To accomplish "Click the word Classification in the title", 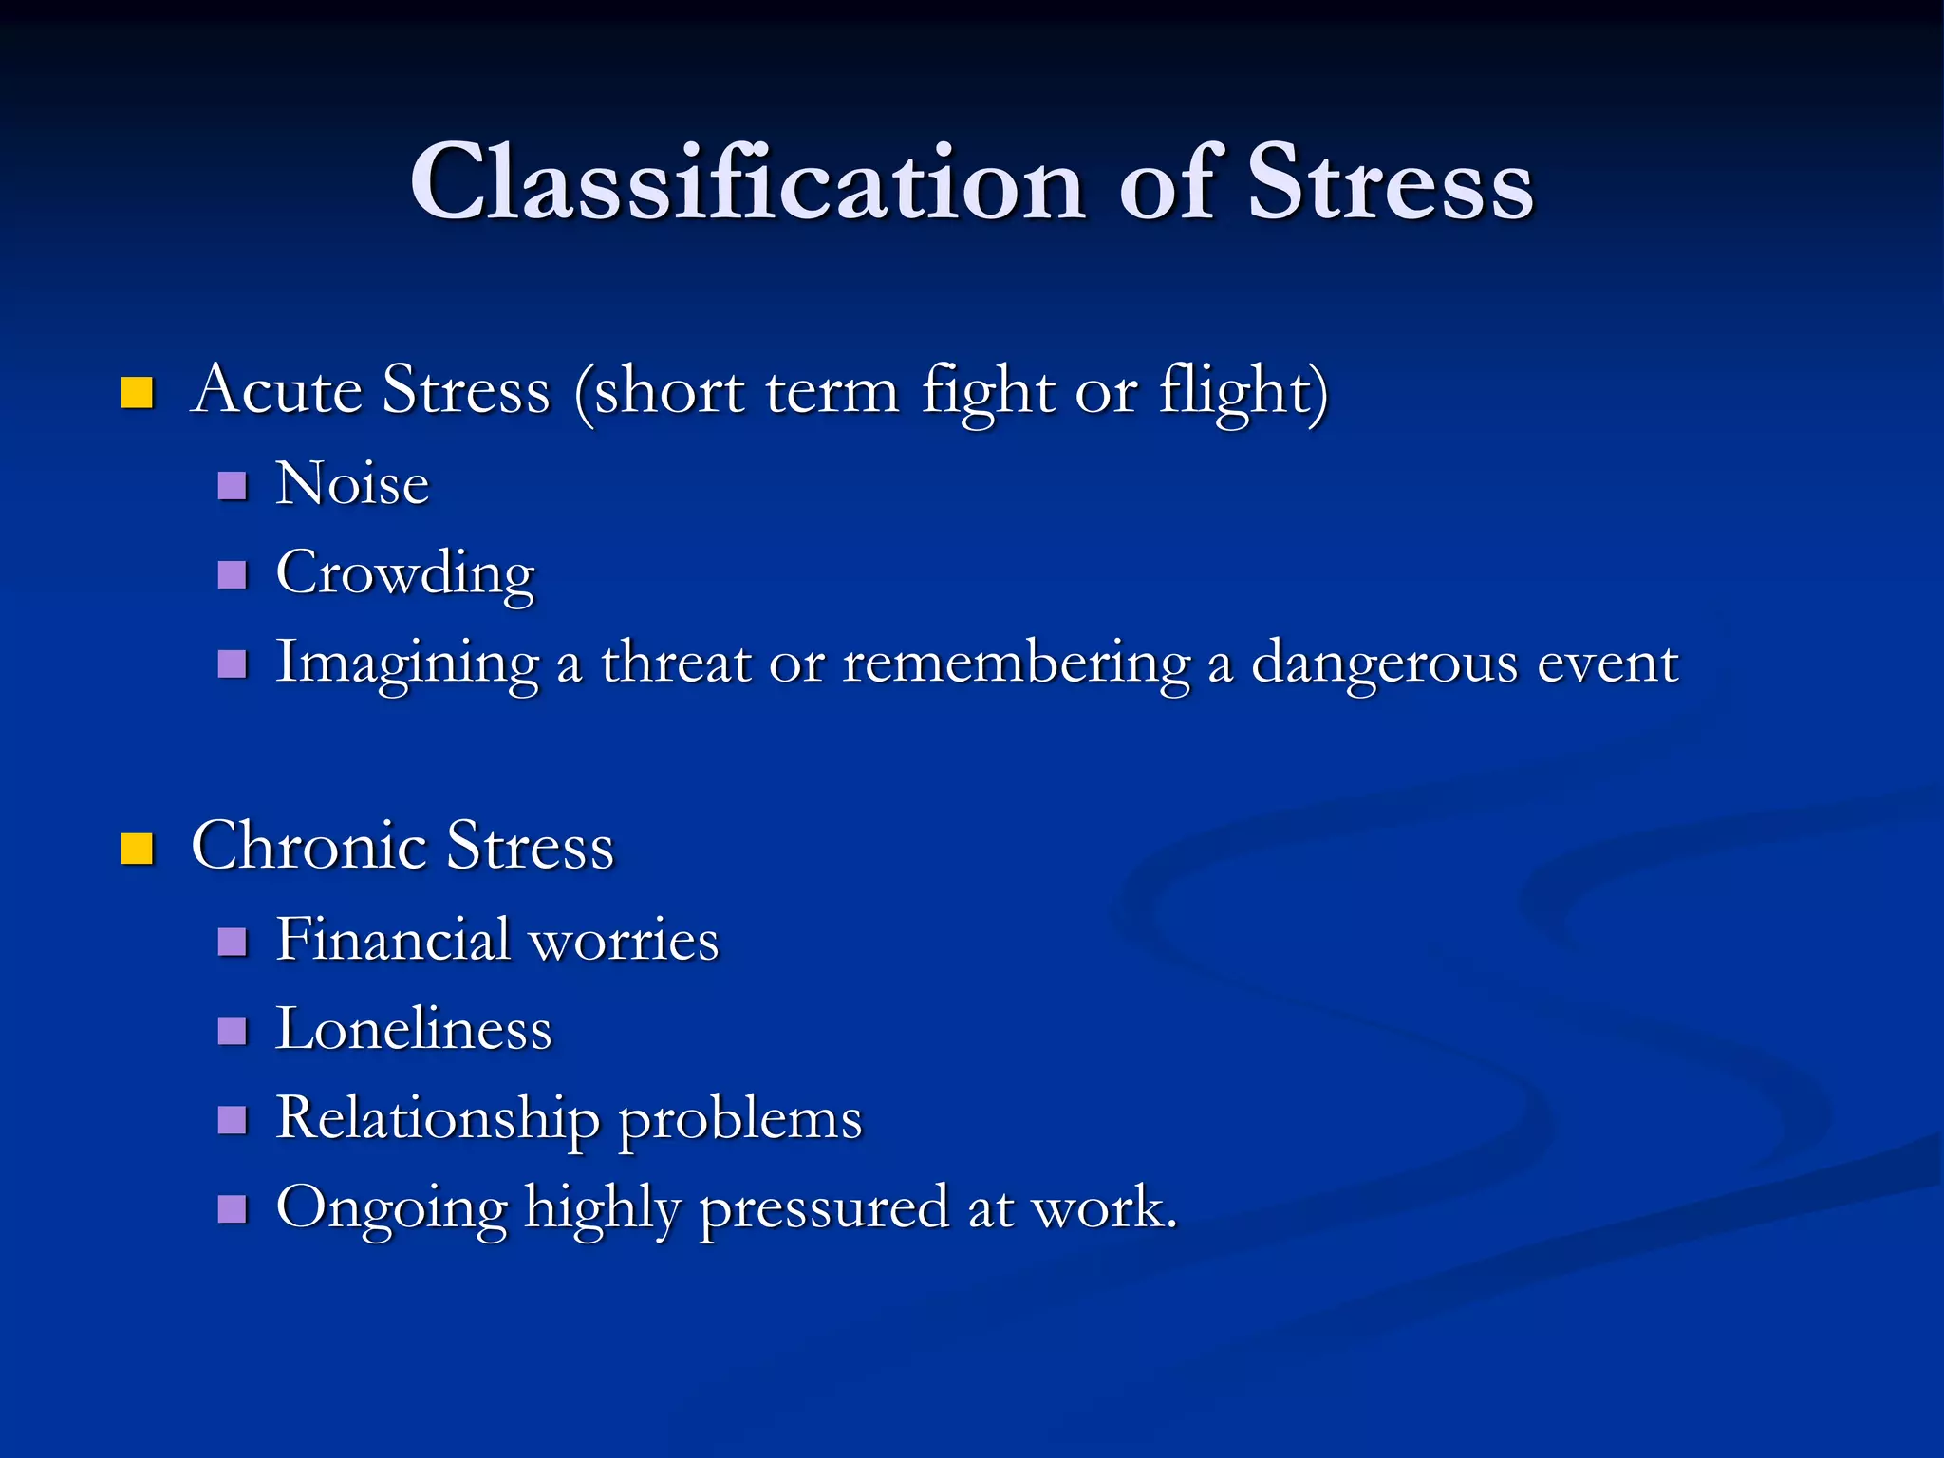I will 747,182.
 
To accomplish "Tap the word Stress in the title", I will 1390,182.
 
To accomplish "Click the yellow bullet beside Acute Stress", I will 138,392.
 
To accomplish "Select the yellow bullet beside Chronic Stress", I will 138,849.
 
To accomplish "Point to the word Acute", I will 276,389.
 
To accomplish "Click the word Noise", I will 352,484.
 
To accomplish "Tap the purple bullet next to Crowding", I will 233,574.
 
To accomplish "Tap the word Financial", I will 393,940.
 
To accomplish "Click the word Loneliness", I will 413,1029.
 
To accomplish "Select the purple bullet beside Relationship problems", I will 233,1120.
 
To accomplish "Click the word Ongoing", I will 391,1209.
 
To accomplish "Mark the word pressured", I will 824,1209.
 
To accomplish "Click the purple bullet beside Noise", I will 233,486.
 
